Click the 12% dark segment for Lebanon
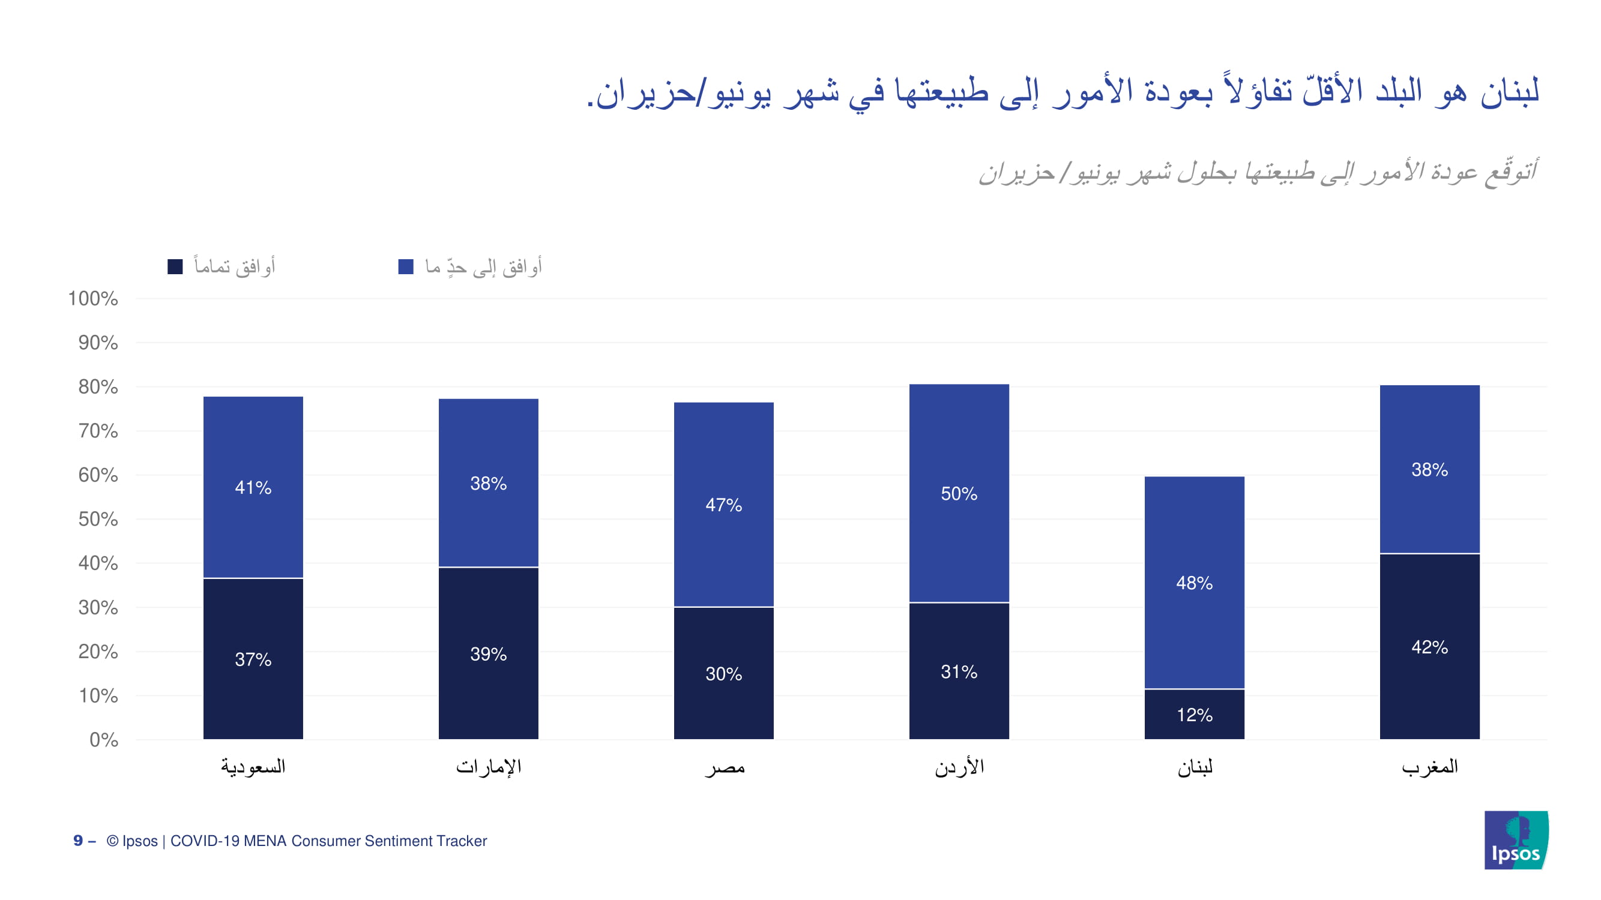coord(1194,714)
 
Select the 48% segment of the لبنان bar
coord(1194,583)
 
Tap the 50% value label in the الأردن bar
coord(958,494)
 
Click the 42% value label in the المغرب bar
coord(1429,647)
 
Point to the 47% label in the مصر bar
coord(723,505)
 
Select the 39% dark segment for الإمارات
coord(488,653)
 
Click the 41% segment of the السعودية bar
coord(253,488)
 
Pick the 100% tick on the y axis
coord(93,299)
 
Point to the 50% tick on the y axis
coord(98,519)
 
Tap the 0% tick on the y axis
coord(104,740)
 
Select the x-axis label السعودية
coord(253,767)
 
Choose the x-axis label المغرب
coord(1429,767)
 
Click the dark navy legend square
coord(175,267)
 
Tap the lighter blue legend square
coord(406,267)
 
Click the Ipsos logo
coord(1516,840)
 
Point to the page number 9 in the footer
coord(78,841)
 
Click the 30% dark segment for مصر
coord(723,673)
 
